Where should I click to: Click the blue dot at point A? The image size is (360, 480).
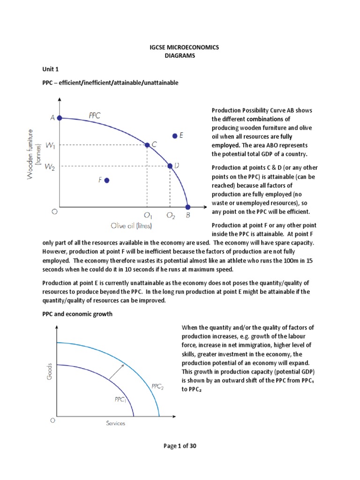click(x=60, y=118)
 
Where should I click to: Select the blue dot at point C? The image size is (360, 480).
click(x=147, y=145)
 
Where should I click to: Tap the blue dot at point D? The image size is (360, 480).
click(x=170, y=166)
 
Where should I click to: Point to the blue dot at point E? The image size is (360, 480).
click(x=175, y=135)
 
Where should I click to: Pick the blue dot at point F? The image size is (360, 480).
click(x=107, y=180)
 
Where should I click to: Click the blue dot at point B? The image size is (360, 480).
click(x=187, y=207)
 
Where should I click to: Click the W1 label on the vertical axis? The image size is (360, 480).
click(x=51, y=145)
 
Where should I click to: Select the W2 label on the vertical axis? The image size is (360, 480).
click(x=51, y=166)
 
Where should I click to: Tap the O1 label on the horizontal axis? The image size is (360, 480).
click(x=148, y=216)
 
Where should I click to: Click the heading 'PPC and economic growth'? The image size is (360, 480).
click(x=77, y=314)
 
